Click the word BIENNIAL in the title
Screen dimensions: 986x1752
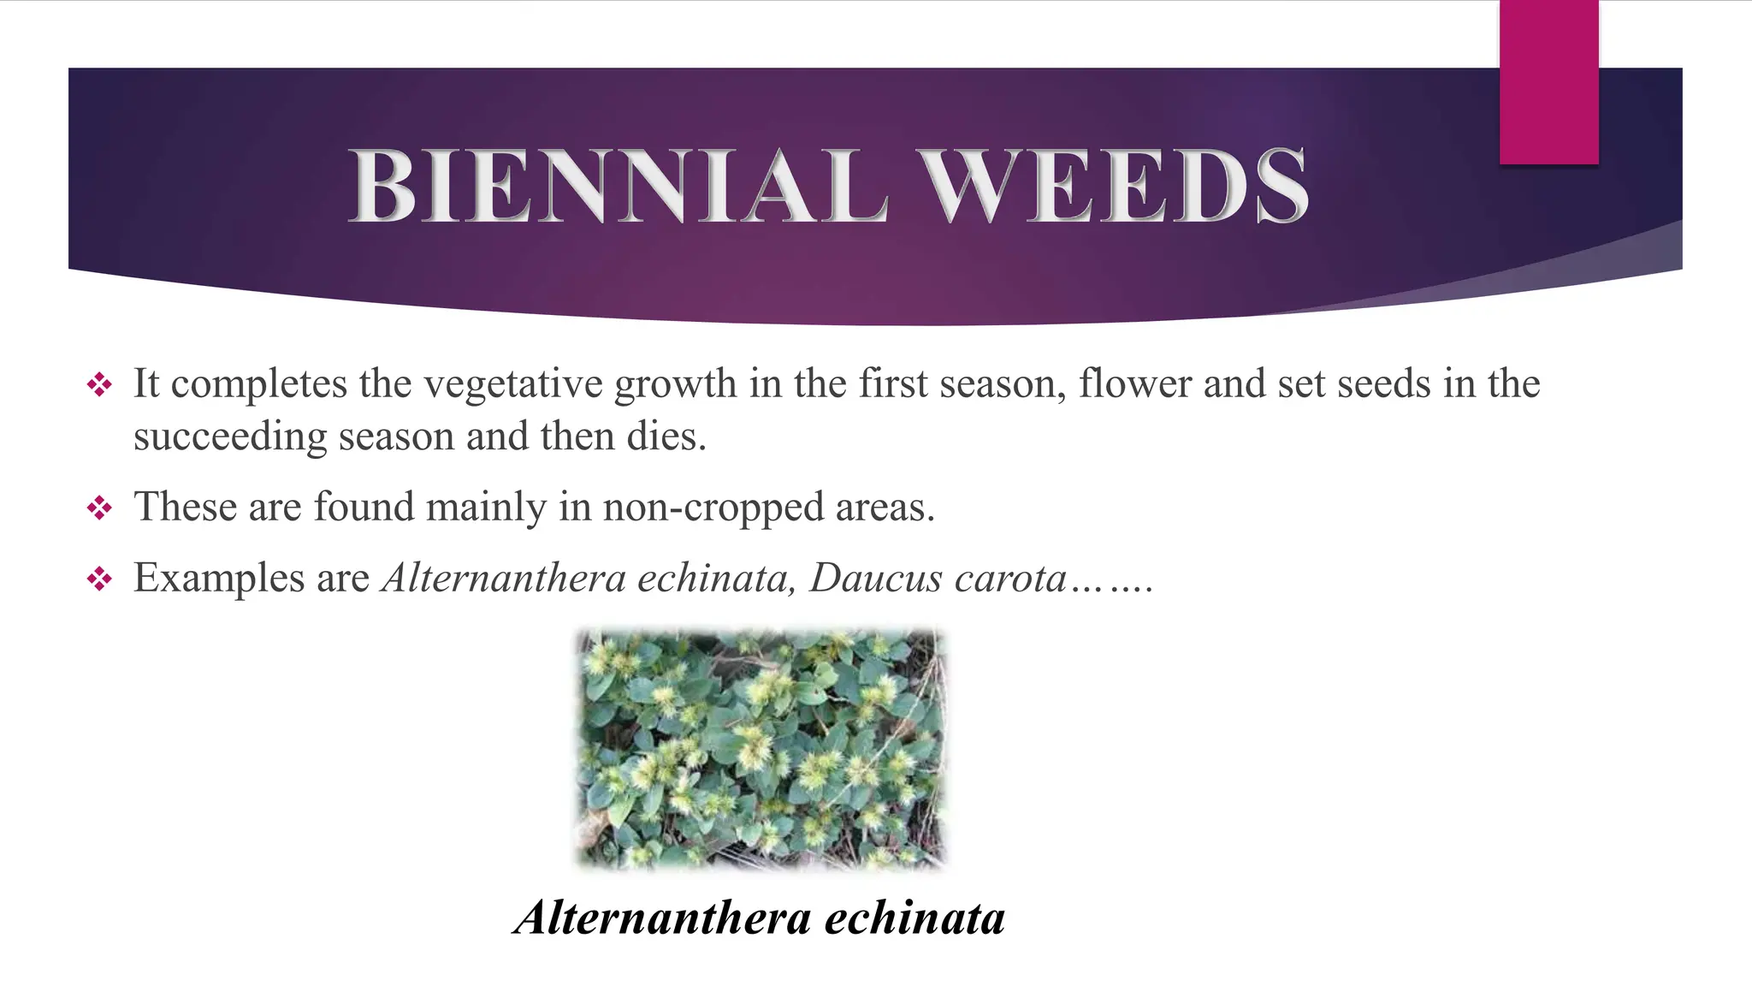point(618,187)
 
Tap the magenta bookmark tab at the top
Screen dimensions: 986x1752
point(1548,81)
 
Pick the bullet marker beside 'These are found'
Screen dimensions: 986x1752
point(99,508)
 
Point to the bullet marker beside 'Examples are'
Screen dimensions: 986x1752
point(99,579)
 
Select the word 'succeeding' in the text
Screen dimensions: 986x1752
point(230,437)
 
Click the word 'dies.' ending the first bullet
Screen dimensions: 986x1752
point(666,437)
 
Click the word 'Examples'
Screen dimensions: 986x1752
point(219,579)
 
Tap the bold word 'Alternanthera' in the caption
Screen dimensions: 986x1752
point(663,918)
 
